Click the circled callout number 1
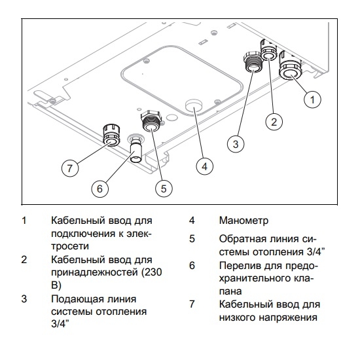(x=314, y=99)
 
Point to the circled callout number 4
(x=205, y=166)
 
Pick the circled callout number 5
(x=163, y=188)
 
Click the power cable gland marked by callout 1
(x=289, y=71)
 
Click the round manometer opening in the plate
(x=193, y=106)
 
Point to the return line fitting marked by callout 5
(x=150, y=123)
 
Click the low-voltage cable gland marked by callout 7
(x=109, y=135)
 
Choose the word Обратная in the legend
(x=242, y=238)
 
